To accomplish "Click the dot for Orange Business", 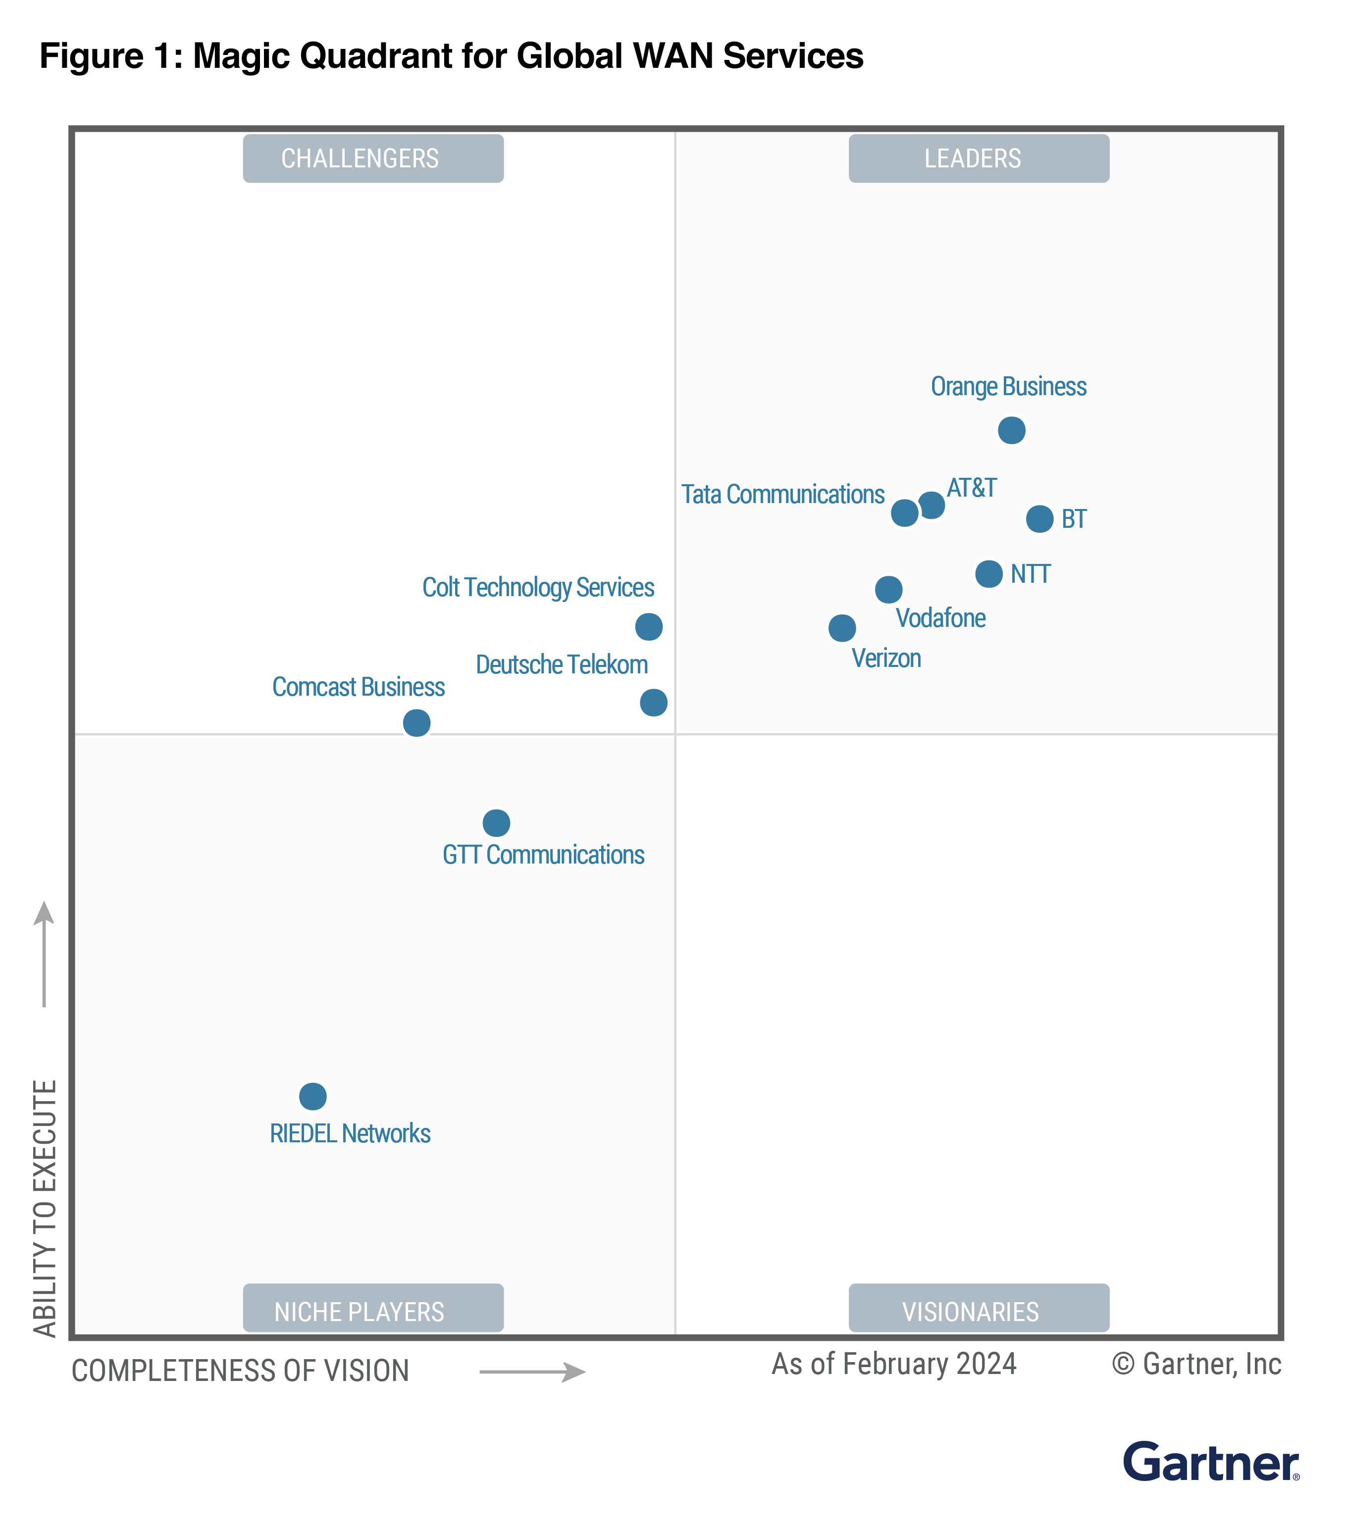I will pyautogui.click(x=1011, y=430).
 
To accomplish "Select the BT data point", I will pyautogui.click(x=1039, y=518).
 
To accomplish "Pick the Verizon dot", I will pyautogui.click(x=842, y=628).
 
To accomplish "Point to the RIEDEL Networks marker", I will pyautogui.click(x=313, y=1097).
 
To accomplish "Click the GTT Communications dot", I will pyautogui.click(x=496, y=823).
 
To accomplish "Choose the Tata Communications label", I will pyautogui.click(x=782, y=495).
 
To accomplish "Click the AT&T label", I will pyautogui.click(x=972, y=488).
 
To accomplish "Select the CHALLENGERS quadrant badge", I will pyautogui.click(x=373, y=158).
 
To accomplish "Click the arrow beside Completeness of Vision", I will pyautogui.click(x=532, y=1373).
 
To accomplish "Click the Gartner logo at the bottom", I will pyautogui.click(x=1210, y=1463).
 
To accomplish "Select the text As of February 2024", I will pyautogui.click(x=894, y=1364).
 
